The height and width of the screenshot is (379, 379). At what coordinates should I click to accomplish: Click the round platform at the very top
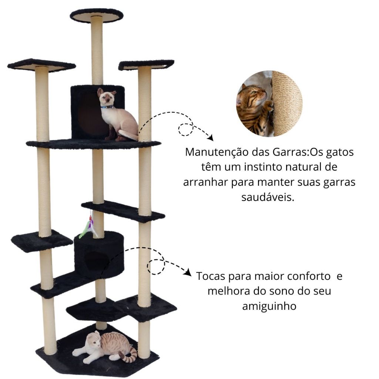pyautogui.click(x=97, y=16)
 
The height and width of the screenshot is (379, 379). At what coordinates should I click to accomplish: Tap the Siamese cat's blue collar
pyautogui.click(x=107, y=107)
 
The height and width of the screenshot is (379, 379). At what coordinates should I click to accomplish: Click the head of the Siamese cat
pyautogui.click(x=106, y=95)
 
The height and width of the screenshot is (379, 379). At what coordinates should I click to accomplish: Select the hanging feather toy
pyautogui.click(x=89, y=226)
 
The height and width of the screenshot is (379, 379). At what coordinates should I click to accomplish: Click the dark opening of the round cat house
pyautogui.click(x=96, y=262)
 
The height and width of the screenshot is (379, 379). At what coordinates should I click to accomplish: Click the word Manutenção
pyautogui.click(x=217, y=152)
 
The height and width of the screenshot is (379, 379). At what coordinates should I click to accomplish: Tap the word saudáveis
pyautogui.click(x=268, y=197)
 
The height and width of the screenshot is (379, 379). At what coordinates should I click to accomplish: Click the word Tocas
pyautogui.click(x=211, y=276)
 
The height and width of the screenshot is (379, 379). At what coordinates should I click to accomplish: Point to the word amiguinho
pyautogui.click(x=269, y=306)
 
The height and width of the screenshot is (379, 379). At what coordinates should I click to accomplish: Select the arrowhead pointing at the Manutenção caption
pyautogui.click(x=210, y=138)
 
